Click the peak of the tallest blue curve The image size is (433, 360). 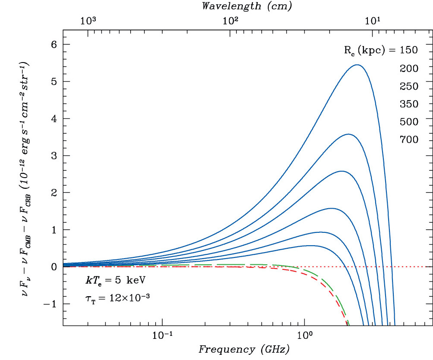pos(357,65)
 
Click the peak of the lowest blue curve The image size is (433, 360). pos(311,246)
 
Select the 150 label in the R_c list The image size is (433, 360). pos(408,50)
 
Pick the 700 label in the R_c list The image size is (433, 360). pos(408,139)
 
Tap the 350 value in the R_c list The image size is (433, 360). pos(408,104)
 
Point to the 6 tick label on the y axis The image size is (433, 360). pos(54,44)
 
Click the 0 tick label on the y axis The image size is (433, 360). pos(54,267)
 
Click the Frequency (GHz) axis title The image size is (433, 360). pos(244,349)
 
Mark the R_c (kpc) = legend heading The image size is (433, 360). pos(369,50)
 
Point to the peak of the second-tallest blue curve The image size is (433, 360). pos(348,134)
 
